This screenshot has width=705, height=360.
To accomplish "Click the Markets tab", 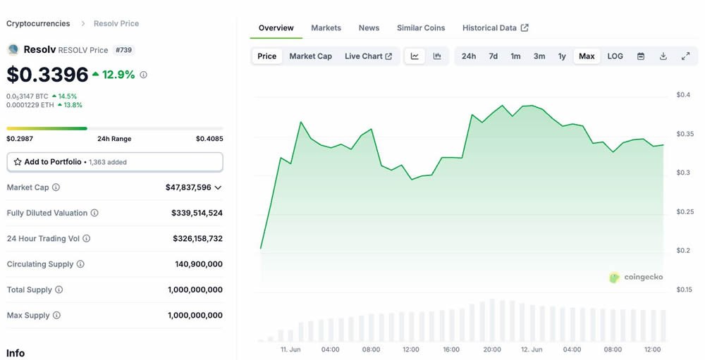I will pyautogui.click(x=326, y=27).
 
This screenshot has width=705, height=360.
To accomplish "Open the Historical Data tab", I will pyautogui.click(x=495, y=27).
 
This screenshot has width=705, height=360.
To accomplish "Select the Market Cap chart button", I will pyautogui.click(x=310, y=56).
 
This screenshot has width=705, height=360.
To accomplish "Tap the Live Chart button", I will pyautogui.click(x=368, y=56).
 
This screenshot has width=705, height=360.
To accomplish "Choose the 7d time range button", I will pyautogui.click(x=493, y=56).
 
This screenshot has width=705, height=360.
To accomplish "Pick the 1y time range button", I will pyautogui.click(x=562, y=56).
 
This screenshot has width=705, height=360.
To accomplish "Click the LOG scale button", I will pyautogui.click(x=615, y=56).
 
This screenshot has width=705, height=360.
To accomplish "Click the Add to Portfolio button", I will pyautogui.click(x=115, y=162).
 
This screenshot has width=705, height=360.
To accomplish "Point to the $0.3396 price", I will pyautogui.click(x=48, y=75).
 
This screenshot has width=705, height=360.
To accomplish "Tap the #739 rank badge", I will pyautogui.click(x=123, y=50).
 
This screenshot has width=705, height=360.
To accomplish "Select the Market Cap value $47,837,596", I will pyautogui.click(x=188, y=187).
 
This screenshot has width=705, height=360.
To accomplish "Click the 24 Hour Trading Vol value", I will pyautogui.click(x=197, y=239).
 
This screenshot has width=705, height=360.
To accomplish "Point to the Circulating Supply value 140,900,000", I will pyautogui.click(x=199, y=264).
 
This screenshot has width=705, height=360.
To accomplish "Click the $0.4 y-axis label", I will pyautogui.click(x=683, y=95).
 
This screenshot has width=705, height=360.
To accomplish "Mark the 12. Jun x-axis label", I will pyautogui.click(x=532, y=349).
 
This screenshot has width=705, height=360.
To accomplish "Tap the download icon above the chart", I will pyautogui.click(x=663, y=56).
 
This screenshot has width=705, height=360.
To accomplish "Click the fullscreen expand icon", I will pyautogui.click(x=685, y=56).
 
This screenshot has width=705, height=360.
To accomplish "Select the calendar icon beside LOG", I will pyautogui.click(x=641, y=56).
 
